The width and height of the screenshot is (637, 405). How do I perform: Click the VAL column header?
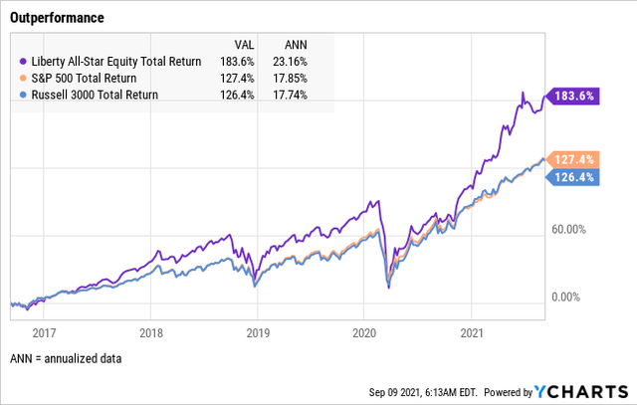point(243,45)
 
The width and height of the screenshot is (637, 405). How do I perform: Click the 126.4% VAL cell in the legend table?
point(237,94)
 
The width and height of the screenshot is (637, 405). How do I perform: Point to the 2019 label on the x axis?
point(257,334)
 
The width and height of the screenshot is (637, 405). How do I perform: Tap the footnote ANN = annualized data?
point(66,358)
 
